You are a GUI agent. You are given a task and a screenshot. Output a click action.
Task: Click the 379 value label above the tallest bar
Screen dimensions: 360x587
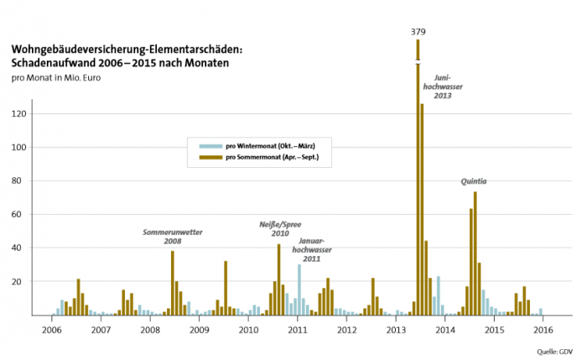[x=418, y=32]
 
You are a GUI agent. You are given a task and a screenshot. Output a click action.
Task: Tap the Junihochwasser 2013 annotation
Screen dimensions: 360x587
[x=443, y=86]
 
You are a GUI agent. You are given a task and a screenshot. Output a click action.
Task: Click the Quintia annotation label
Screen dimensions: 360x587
[x=474, y=180]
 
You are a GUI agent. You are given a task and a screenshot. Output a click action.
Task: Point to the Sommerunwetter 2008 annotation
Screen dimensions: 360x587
[x=174, y=236]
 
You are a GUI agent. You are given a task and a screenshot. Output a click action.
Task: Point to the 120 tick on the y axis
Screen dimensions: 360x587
[x=23, y=114]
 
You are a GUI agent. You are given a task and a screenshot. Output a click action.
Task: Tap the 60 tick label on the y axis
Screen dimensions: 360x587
[x=25, y=215]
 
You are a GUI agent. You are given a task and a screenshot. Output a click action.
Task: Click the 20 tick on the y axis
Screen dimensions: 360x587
[x=25, y=282]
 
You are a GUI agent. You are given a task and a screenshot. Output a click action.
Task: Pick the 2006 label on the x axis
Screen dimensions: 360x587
[x=52, y=330]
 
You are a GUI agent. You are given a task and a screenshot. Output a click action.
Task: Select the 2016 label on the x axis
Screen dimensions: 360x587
[x=543, y=330]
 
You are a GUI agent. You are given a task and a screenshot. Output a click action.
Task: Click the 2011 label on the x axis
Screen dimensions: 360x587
[x=298, y=330]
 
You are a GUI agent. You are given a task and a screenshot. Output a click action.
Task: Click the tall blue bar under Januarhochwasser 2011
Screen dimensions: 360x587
[x=299, y=290]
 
